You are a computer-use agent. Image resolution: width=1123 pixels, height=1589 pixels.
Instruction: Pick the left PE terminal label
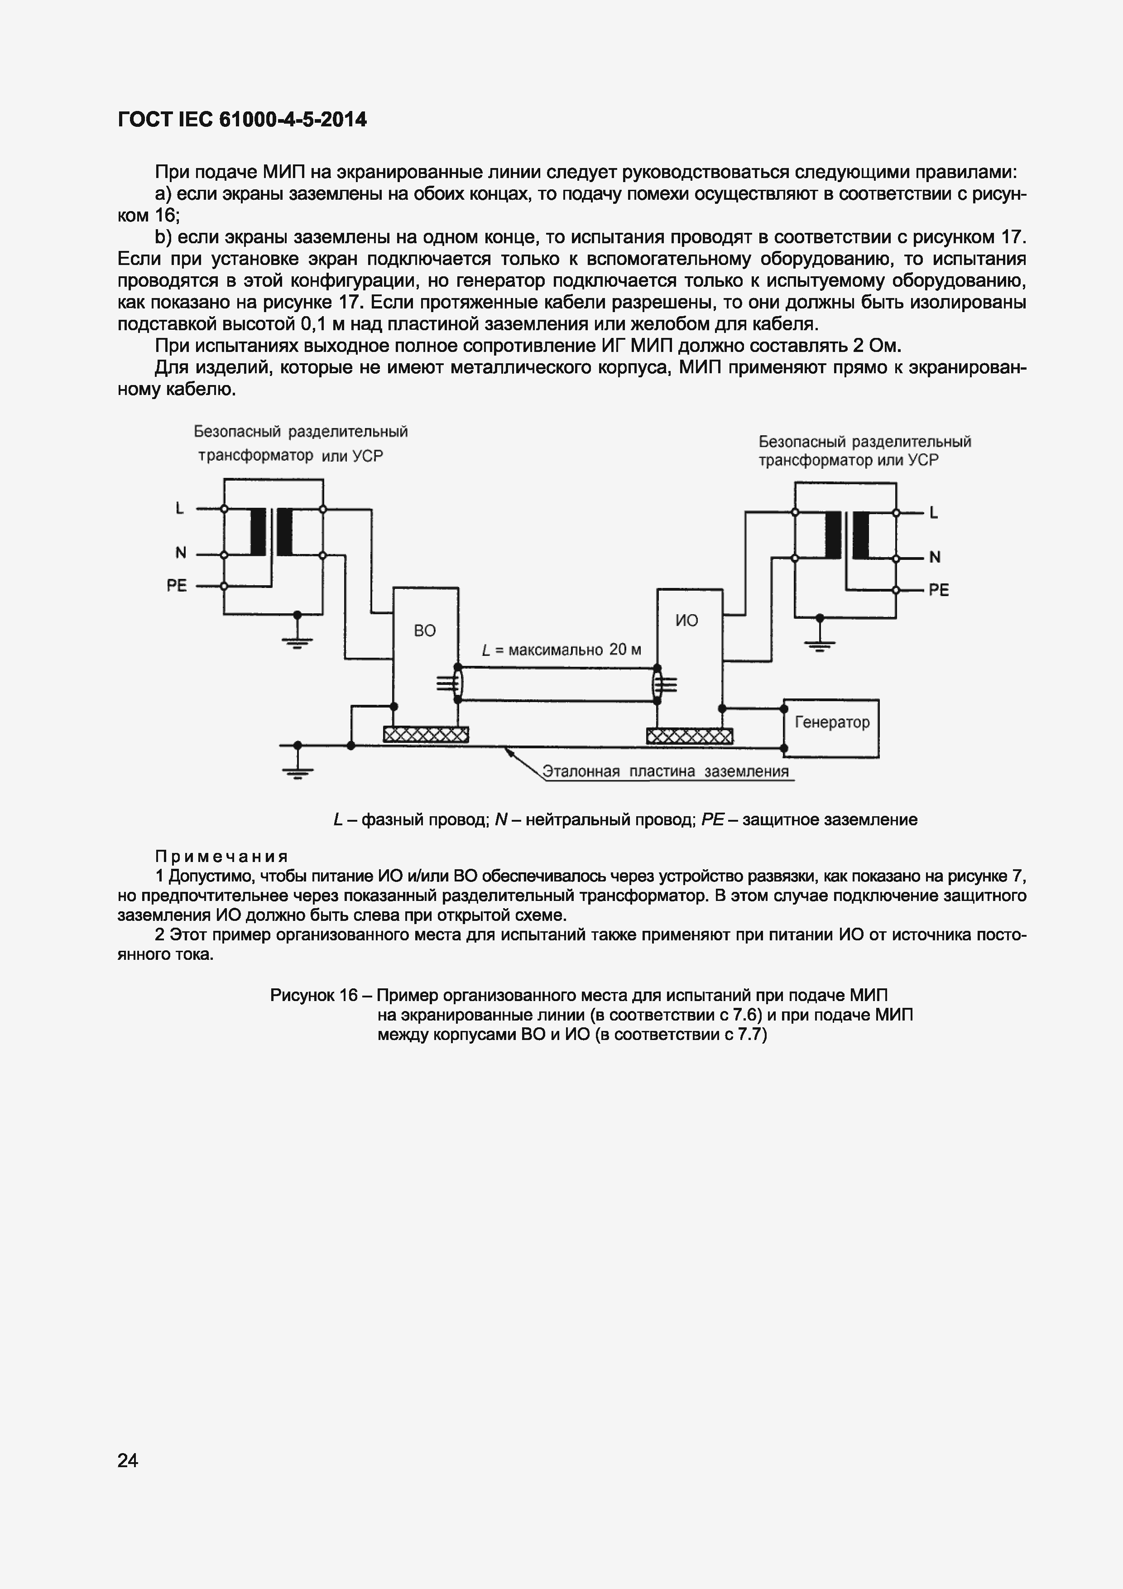[x=177, y=586]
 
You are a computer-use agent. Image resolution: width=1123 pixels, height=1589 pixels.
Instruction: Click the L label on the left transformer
[x=180, y=509]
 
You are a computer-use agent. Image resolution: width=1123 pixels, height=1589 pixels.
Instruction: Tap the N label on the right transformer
[x=935, y=557]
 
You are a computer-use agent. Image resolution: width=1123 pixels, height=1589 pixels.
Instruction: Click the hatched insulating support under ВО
[x=426, y=734]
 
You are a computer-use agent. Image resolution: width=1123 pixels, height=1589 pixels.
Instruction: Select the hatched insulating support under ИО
[x=689, y=736]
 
